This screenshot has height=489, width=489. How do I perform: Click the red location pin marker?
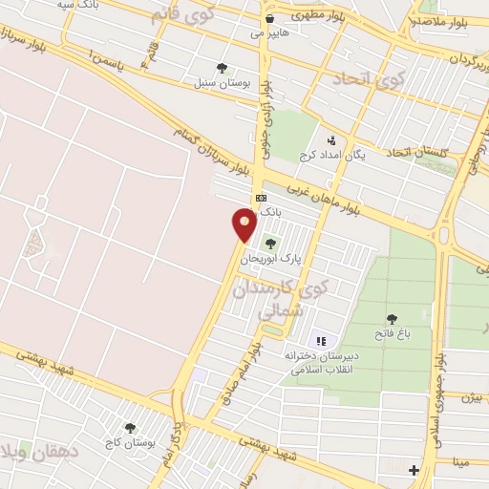(x=244, y=225)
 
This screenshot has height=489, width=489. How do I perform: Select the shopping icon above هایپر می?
(x=270, y=18)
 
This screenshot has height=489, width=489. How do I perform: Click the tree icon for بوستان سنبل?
(x=223, y=68)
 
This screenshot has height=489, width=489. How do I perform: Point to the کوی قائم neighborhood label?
(x=183, y=16)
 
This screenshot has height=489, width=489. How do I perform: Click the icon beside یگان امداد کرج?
(x=331, y=140)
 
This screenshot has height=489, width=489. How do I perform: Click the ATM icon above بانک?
(x=260, y=198)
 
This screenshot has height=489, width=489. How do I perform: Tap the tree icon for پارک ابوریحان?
(x=270, y=244)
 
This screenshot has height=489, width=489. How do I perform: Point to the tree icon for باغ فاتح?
(x=392, y=319)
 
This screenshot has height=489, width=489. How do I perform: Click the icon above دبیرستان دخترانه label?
(x=321, y=341)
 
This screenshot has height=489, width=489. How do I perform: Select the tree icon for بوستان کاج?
(x=130, y=429)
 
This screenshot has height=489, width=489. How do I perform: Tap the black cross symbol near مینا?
(x=413, y=470)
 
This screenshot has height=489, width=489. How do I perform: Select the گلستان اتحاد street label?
(x=410, y=152)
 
